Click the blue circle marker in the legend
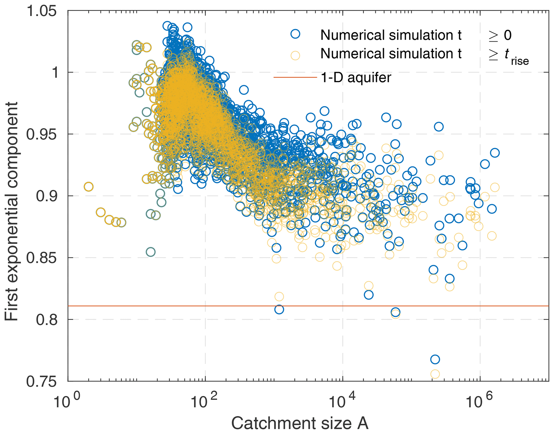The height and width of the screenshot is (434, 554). tap(295, 34)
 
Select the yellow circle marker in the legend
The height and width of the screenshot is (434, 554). tap(295, 55)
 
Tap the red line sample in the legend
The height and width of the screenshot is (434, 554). tap(295, 78)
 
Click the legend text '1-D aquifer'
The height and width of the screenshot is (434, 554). tap(356, 78)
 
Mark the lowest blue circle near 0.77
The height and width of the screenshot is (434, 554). tap(435, 359)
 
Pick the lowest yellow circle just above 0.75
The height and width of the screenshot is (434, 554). tap(435, 374)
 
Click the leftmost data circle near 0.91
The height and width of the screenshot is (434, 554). tap(88, 187)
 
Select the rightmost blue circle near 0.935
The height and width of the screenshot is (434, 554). tap(495, 153)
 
